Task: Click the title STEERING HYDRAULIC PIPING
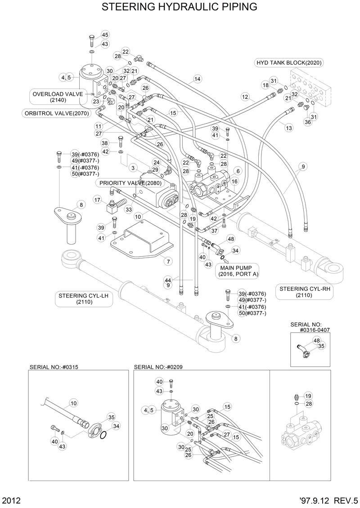pos(180,7)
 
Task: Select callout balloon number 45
pos(105,35)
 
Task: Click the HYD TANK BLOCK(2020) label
pos(289,62)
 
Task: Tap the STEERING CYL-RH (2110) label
pos(305,292)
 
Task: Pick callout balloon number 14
pos(197,80)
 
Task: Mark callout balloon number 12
pos(245,96)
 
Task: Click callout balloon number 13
pos(289,128)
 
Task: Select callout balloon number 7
pos(168,261)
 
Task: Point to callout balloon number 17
pos(97,199)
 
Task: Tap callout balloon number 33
pos(129,209)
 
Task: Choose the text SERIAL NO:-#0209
pos(158,367)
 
